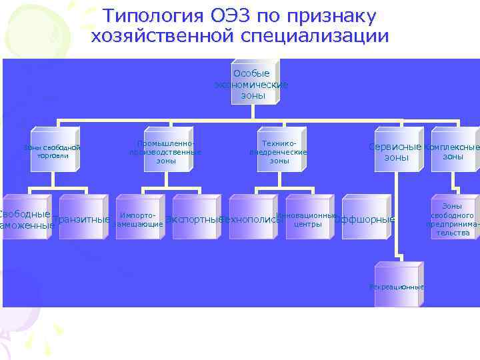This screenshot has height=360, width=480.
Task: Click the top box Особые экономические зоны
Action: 251,84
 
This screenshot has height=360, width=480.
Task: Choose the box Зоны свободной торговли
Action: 52,152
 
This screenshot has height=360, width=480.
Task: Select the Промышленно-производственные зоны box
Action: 165,152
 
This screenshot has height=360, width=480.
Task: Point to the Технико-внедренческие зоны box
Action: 279,152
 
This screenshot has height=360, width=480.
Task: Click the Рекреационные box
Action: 397,287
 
